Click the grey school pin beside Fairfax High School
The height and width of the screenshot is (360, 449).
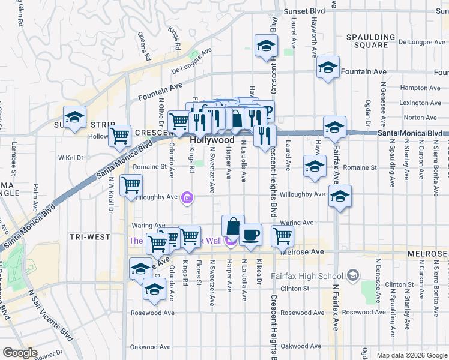pos(353,276)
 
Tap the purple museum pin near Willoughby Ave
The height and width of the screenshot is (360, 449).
pos(188,197)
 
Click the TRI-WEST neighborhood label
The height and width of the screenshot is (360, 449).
pos(89,237)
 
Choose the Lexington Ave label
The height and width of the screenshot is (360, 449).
pos(416,103)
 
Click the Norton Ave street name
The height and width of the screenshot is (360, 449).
pos(420,118)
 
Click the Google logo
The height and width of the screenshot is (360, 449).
pos(20,353)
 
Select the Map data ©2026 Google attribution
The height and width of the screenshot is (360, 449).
pos(412,355)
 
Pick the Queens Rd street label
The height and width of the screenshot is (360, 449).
pos(143,46)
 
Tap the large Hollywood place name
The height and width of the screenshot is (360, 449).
pos(212,140)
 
